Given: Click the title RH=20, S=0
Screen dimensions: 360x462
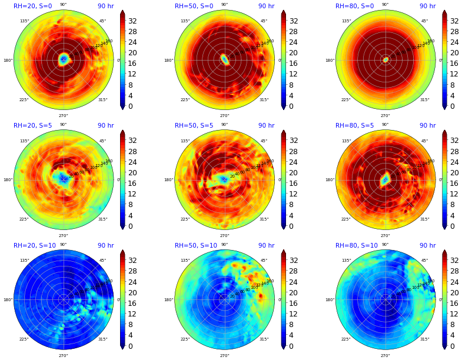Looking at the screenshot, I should [x=33, y=6].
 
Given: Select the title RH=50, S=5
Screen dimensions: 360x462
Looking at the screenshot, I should [x=194, y=126].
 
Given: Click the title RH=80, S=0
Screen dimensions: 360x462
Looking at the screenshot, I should [x=355, y=6].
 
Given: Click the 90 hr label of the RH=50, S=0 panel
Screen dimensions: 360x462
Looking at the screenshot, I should [x=266, y=6].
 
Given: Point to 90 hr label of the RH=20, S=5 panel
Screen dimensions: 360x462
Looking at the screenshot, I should [x=105, y=126].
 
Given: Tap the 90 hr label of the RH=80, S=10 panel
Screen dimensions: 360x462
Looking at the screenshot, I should [x=427, y=246].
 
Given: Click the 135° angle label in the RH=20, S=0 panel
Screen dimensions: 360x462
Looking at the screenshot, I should [x=24, y=21].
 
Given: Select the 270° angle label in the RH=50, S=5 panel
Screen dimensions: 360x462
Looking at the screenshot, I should [x=224, y=235].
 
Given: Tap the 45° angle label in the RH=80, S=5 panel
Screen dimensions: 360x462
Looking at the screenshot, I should [x=424, y=141].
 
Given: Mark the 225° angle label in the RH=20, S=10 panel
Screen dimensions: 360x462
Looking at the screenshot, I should [x=24, y=339].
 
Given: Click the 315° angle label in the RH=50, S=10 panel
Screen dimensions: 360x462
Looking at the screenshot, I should [x=264, y=339].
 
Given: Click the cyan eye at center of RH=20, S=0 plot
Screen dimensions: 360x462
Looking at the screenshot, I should [x=64, y=59].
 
